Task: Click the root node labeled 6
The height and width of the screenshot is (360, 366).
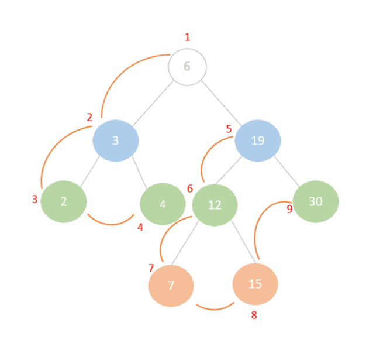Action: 187,67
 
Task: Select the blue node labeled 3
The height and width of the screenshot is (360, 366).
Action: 116,140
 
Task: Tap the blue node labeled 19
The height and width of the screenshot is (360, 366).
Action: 258,140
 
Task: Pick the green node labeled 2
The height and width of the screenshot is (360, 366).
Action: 64,201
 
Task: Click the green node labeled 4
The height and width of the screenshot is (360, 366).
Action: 163,204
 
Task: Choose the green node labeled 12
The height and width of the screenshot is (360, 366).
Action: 215,205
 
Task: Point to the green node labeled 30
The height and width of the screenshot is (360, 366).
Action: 316,201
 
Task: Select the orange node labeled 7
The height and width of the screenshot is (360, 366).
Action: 171,286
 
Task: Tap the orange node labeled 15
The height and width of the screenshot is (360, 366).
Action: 255,284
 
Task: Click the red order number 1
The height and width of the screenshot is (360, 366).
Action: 187,37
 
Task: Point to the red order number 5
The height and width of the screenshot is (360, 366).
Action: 229,128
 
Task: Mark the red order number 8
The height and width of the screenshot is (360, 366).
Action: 254,316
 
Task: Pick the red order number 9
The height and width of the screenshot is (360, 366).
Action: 289,210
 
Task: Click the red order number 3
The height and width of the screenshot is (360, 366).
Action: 35,199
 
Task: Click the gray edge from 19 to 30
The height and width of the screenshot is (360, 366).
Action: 287,170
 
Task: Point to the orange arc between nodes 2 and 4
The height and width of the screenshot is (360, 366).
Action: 110,222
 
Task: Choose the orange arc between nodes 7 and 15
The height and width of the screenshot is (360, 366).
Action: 215,307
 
